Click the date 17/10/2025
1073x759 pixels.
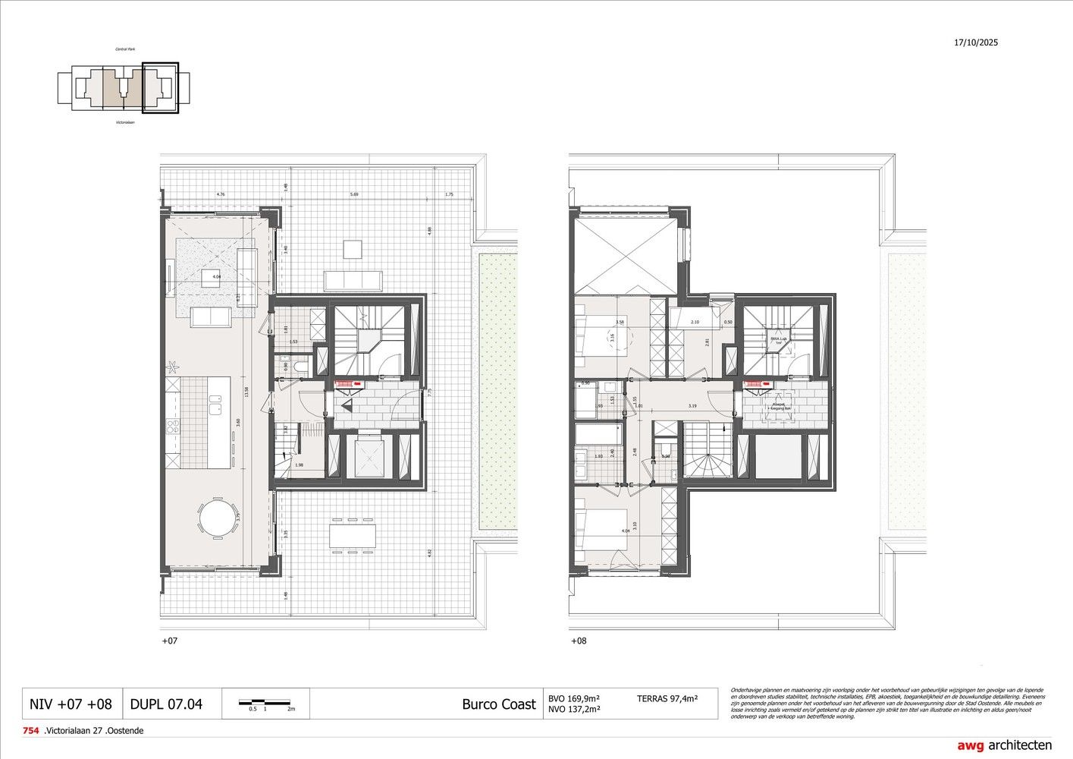pos(976,43)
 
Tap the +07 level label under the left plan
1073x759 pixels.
pos(169,641)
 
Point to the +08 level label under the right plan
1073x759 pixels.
pos(578,641)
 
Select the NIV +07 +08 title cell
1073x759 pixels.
pos(71,704)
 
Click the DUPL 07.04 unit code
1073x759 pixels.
pos(166,704)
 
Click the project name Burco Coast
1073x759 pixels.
pos(498,704)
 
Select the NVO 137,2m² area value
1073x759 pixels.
pos(573,710)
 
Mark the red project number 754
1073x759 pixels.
pos(31,731)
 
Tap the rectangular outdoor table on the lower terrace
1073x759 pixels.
pos(352,537)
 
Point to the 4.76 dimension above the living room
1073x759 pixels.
pos(220,194)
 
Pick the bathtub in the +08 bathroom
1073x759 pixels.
pos(597,435)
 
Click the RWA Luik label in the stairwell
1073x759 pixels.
pos(777,340)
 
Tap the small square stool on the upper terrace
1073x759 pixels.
pos(353,249)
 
